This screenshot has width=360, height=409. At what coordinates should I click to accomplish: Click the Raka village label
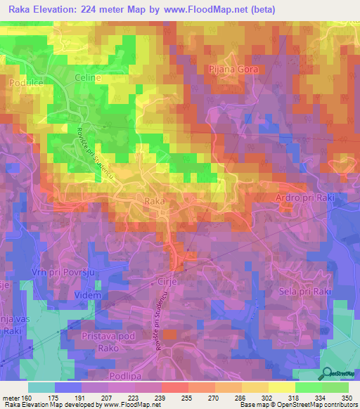click(x=154, y=202)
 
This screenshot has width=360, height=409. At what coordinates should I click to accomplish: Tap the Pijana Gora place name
click(x=234, y=70)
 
